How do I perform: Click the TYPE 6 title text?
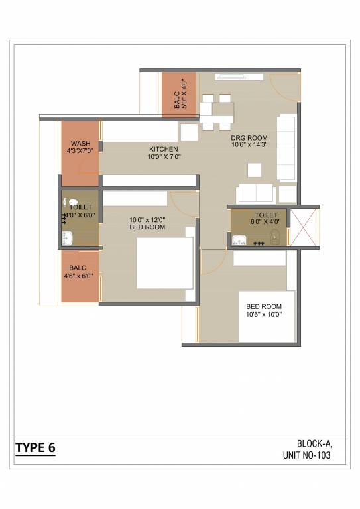click(x=35, y=447)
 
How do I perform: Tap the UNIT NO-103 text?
click(x=306, y=455)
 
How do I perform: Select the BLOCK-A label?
click(x=314, y=443)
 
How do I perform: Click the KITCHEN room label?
click(x=164, y=149)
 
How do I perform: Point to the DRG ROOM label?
click(x=249, y=138)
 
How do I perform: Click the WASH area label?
click(x=80, y=143)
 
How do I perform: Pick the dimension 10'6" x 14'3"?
click(x=249, y=144)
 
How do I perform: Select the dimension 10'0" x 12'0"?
click(x=147, y=220)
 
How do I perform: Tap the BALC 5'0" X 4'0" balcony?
click(x=179, y=95)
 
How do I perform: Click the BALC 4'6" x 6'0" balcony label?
click(x=78, y=272)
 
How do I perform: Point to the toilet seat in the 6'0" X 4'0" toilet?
click(x=275, y=237)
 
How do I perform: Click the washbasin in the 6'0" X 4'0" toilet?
click(x=239, y=239)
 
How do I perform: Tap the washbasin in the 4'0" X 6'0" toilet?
click(x=67, y=238)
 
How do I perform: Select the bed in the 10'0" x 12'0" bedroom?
click(x=165, y=263)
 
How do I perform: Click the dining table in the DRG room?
click(x=217, y=113)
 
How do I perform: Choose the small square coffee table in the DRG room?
click(x=255, y=170)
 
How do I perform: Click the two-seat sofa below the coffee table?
click(x=256, y=194)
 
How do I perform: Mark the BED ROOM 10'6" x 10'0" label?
click(x=264, y=310)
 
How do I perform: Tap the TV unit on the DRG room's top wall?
click(x=239, y=77)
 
